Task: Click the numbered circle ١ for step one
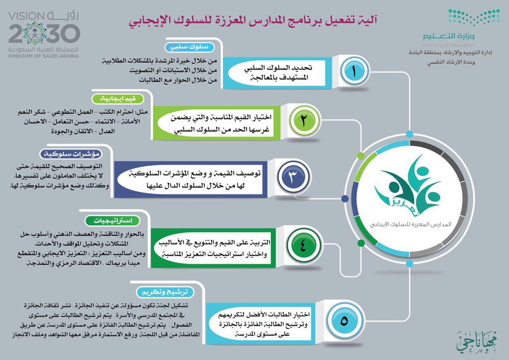click(x=353, y=71)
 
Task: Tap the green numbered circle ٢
click(x=304, y=120)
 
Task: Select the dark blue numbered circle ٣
click(x=293, y=177)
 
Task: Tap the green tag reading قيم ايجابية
click(x=117, y=98)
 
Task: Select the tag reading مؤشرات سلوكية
click(x=72, y=154)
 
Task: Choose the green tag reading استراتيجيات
click(x=113, y=221)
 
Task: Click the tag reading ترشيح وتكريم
click(x=165, y=292)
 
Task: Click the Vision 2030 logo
click(x=44, y=34)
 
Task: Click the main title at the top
click(x=253, y=21)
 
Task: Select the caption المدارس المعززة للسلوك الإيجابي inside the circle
click(x=410, y=224)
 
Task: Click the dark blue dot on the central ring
click(x=345, y=198)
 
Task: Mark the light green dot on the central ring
click(x=361, y=156)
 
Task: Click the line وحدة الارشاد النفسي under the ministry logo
click(x=451, y=62)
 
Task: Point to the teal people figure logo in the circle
click(x=408, y=185)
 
